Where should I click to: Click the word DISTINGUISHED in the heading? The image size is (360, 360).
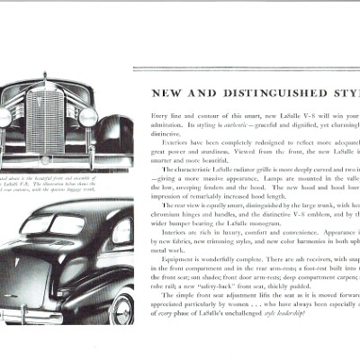click(x=257, y=92)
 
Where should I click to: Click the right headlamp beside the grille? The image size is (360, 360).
click(x=87, y=117)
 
